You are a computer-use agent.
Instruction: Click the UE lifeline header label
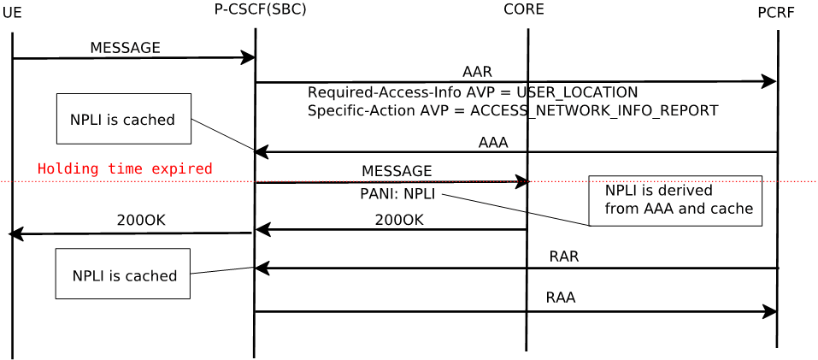[12, 13]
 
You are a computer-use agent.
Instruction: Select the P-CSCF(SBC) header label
[260, 9]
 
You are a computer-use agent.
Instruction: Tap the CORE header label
[523, 9]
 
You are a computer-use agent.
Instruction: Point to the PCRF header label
[775, 13]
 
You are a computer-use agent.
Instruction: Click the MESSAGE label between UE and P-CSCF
[125, 48]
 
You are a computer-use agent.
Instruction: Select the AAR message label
[477, 72]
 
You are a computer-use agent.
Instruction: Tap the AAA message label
[493, 143]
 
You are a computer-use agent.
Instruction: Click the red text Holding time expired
[125, 169]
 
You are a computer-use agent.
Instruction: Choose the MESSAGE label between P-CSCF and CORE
[397, 172]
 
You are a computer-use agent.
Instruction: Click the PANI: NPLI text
[397, 194]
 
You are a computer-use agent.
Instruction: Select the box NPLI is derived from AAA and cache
[675, 200]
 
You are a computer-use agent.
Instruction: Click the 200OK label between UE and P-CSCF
[141, 221]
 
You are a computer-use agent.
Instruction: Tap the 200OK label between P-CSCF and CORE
[399, 221]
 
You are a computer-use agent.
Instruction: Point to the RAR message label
[564, 257]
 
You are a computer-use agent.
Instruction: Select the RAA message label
[561, 298]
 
